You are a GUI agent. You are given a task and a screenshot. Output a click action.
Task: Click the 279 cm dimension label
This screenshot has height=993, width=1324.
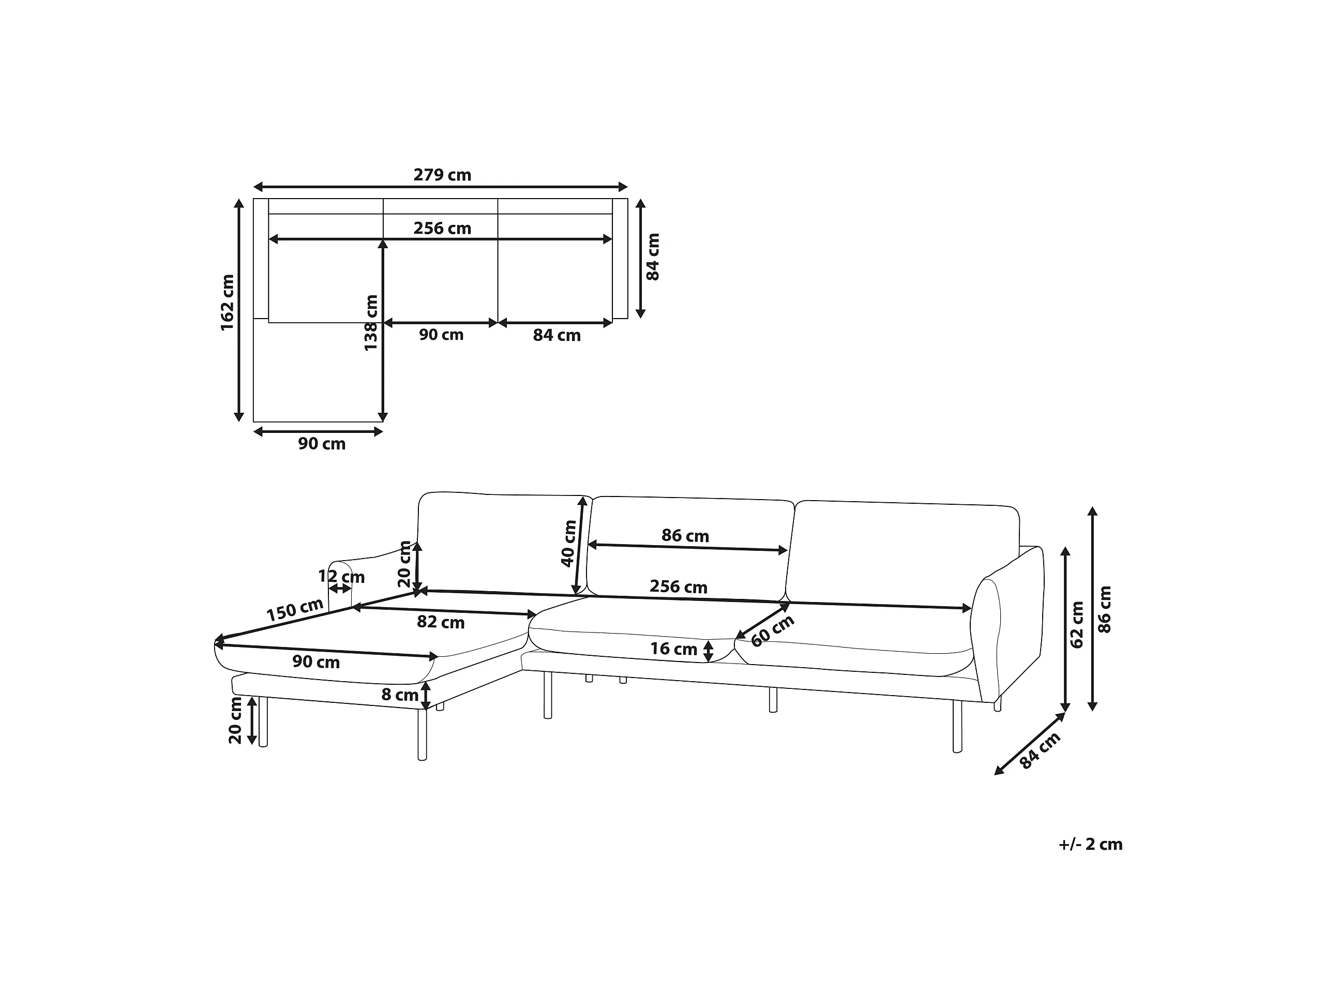(x=442, y=175)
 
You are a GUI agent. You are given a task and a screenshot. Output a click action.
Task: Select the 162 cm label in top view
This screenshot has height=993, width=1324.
(x=228, y=303)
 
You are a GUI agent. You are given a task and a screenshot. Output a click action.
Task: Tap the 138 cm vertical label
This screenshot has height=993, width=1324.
(x=371, y=323)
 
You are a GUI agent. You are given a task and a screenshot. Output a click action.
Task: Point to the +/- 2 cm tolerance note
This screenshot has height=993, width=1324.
(x=1091, y=845)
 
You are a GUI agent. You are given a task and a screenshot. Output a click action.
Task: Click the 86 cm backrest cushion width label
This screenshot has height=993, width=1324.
(x=685, y=536)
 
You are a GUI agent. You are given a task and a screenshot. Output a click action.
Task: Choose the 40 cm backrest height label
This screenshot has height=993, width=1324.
(x=568, y=544)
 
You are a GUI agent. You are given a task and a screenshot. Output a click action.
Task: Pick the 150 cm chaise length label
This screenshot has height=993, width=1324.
(x=295, y=610)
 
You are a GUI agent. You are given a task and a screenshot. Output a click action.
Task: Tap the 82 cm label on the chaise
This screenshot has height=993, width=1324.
(x=441, y=623)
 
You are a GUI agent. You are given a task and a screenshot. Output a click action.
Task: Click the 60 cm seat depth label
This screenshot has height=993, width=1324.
(x=772, y=631)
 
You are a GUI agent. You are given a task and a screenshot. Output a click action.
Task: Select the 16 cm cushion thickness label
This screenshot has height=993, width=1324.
(x=674, y=649)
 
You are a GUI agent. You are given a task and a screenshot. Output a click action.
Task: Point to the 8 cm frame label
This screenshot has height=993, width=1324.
(x=400, y=695)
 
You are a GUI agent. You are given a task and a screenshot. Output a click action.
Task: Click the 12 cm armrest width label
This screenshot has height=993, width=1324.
(x=341, y=577)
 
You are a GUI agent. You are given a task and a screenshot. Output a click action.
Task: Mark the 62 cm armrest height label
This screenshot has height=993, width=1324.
(x=1077, y=625)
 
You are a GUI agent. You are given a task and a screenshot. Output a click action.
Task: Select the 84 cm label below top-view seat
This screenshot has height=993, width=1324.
(x=556, y=336)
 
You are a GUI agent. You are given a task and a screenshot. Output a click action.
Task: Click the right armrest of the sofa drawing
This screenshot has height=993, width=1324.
(x=1007, y=623)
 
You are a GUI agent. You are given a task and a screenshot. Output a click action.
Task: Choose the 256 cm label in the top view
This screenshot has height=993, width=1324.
(x=442, y=229)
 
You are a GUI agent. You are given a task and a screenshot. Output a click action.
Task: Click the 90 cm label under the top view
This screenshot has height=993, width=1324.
(x=322, y=444)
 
